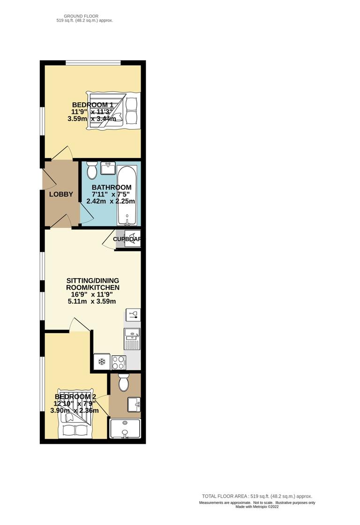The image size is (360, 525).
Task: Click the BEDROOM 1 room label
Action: (92, 105)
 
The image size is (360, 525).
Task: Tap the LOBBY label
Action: (61, 194)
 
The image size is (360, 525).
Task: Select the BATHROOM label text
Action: (111, 187)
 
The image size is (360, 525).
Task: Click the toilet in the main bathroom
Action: (92, 171)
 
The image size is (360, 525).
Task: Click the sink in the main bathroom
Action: (108, 167)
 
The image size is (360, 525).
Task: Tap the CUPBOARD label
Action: (127, 239)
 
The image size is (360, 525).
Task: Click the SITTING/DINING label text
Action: (92, 280)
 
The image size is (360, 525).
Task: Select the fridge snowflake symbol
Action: (101, 361)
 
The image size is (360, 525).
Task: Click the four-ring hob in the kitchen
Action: (118, 362)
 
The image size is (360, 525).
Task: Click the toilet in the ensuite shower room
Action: (124, 383)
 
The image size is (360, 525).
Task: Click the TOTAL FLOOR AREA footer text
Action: (257, 496)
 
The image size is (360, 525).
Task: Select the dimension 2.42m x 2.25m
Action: (111, 201)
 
